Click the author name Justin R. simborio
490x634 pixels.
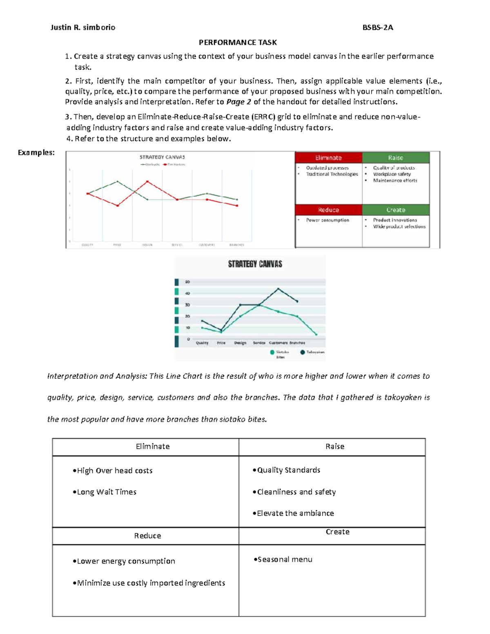click(x=82, y=28)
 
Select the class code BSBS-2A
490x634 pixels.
click(x=378, y=28)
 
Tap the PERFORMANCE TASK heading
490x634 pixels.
click(x=238, y=42)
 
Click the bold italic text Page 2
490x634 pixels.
click(x=238, y=102)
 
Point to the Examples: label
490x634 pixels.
click(x=36, y=153)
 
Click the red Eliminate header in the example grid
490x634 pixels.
click(x=328, y=158)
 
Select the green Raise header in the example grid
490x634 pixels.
click(x=395, y=158)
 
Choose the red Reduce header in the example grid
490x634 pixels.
click(x=328, y=210)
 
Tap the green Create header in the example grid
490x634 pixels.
click(x=395, y=210)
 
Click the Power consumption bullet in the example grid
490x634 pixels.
click(x=327, y=220)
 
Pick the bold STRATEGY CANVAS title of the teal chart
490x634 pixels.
click(x=255, y=264)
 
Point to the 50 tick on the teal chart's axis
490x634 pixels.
click(x=188, y=282)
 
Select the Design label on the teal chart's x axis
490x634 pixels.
click(x=240, y=343)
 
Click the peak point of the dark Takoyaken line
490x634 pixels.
click(x=278, y=289)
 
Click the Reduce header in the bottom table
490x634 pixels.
click(x=147, y=536)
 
